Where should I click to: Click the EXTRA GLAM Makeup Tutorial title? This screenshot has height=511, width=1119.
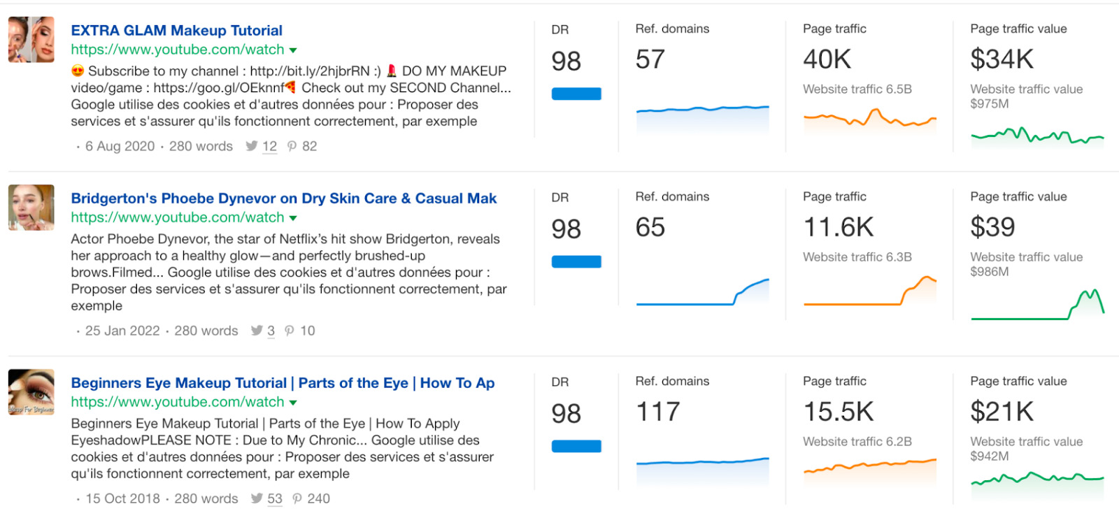(x=176, y=31)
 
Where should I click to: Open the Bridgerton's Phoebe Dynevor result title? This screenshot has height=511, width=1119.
(x=283, y=199)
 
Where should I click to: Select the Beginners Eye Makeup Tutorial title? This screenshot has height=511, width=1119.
(x=283, y=383)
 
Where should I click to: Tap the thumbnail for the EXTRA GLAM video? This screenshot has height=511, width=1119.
(x=31, y=40)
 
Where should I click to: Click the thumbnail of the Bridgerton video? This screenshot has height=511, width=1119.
(x=31, y=208)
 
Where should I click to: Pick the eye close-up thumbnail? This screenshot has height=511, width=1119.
(x=31, y=392)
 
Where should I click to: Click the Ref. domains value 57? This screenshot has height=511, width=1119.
(x=650, y=60)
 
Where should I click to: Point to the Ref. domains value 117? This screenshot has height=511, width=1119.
(x=657, y=412)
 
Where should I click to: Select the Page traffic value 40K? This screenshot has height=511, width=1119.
(x=827, y=60)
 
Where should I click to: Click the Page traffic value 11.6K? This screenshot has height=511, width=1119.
(x=838, y=228)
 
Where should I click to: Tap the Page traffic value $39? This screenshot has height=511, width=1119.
(x=992, y=228)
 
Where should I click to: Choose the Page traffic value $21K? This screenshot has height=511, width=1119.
(x=1001, y=412)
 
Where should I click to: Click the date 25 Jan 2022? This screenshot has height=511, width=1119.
(x=122, y=331)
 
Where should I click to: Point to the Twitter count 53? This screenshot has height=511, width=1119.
(x=274, y=498)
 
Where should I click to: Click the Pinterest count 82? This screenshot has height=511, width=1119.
(x=309, y=146)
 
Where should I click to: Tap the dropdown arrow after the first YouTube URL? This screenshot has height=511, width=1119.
(x=293, y=50)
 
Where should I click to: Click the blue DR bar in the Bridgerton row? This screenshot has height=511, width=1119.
(x=576, y=262)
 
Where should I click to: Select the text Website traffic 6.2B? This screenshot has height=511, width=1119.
(x=857, y=442)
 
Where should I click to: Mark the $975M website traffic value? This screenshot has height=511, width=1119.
(x=989, y=104)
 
